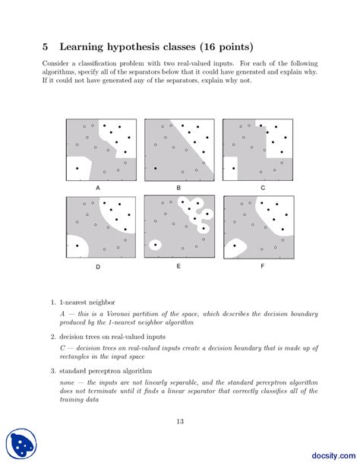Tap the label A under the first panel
point(97,187)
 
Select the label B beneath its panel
point(178,187)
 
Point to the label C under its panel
point(263,187)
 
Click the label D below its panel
point(97,267)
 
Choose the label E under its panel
point(178,267)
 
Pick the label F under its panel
point(263,267)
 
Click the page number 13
point(180,422)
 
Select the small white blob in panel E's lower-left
point(156,245)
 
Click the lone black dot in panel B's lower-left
point(155,168)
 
